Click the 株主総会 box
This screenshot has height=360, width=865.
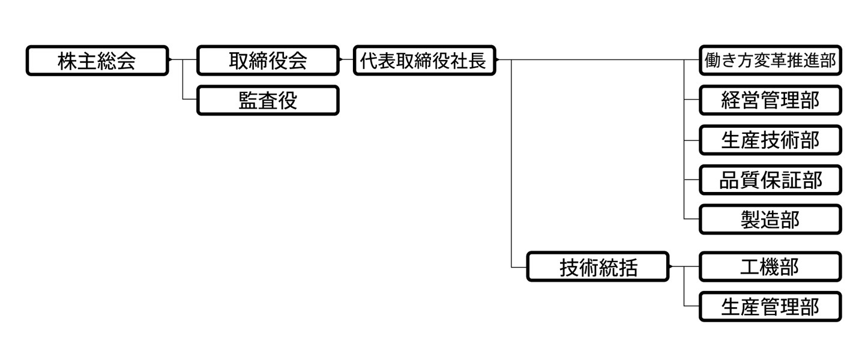tap(97, 61)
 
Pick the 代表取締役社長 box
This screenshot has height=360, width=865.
tap(425, 61)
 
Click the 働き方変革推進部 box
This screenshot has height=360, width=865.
tap(770, 61)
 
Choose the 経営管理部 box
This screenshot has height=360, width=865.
tap(770, 101)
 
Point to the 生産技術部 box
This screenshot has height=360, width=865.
tap(770, 140)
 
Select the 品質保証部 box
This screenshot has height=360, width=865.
tap(770, 180)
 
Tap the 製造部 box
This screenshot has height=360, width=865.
tap(770, 220)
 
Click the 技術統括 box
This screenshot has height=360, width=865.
tap(598, 267)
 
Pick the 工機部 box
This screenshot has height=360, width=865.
tap(770, 267)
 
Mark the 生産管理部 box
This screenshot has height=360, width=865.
tap(770, 307)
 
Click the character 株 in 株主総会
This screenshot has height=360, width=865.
tap(67, 61)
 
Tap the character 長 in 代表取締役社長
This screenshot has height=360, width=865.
tap(477, 61)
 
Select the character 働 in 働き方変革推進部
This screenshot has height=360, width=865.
tap(711, 61)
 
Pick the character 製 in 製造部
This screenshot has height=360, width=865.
tap(750, 220)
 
